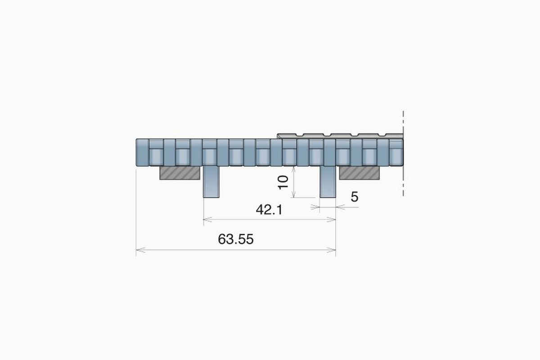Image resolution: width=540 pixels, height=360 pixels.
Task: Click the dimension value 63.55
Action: tap(236, 239)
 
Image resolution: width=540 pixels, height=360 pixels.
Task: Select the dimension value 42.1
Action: tap(269, 210)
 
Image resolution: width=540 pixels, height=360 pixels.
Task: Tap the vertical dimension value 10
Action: tap(283, 182)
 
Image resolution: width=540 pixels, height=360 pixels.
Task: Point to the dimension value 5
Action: tap(355, 197)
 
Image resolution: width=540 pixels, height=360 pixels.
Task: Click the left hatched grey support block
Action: tap(180, 173)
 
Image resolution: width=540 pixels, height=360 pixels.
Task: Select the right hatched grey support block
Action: tap(360, 173)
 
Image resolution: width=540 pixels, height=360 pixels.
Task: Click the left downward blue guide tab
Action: tap(211, 182)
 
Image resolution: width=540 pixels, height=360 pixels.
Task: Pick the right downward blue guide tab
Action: tap(328, 182)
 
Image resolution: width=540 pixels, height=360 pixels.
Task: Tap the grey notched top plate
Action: tap(340, 136)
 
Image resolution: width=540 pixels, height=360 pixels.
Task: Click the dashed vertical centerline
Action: tap(403, 153)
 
